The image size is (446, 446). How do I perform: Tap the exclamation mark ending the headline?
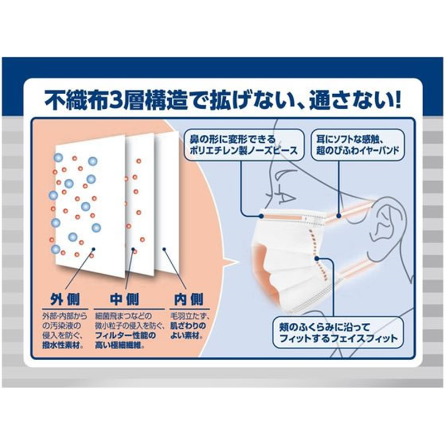(x=396, y=100)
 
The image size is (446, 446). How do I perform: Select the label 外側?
(x=65, y=299)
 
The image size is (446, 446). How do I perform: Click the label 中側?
(x=124, y=299)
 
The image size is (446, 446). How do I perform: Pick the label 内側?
(x=189, y=299)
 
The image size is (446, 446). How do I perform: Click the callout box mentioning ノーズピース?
(x=244, y=145)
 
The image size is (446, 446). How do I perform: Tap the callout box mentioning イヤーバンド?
(x=358, y=145)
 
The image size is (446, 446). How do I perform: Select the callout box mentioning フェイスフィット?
(x=338, y=332)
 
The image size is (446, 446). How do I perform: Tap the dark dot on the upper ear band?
(x=338, y=216)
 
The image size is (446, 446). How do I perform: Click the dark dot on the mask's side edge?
(x=317, y=258)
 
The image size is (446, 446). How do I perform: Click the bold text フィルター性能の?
(x=125, y=336)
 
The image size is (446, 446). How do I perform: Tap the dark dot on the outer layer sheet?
(x=94, y=249)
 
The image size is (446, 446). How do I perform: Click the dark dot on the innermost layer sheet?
(x=164, y=249)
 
